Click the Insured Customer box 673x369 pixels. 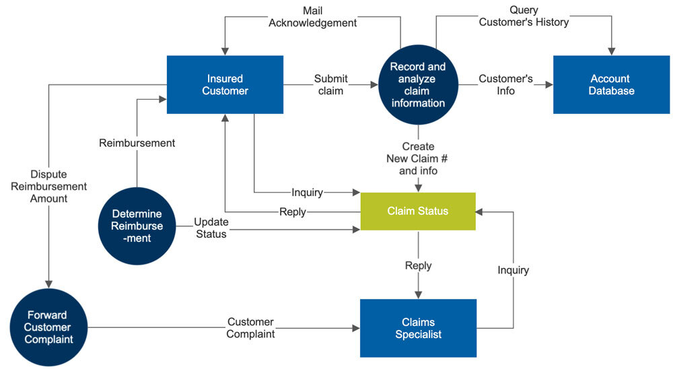(225, 84)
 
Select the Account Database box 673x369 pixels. (611, 84)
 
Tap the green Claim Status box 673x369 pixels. (417, 211)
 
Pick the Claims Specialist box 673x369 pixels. (418, 328)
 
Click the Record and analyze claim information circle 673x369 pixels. (418, 85)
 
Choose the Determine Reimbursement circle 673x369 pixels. (137, 226)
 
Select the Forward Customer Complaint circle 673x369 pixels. (48, 328)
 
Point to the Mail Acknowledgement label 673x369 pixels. (312, 17)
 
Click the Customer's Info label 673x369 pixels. (505, 85)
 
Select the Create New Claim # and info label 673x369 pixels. (418, 158)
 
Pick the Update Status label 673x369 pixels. (211, 228)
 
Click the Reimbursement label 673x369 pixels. (137, 143)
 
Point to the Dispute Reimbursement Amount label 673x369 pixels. (48, 186)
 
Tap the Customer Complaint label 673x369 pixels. (250, 328)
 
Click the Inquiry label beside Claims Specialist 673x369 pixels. (513, 270)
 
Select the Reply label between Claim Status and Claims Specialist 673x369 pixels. (418, 265)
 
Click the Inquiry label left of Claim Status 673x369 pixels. (307, 193)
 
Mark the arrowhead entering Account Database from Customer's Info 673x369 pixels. (549, 85)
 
